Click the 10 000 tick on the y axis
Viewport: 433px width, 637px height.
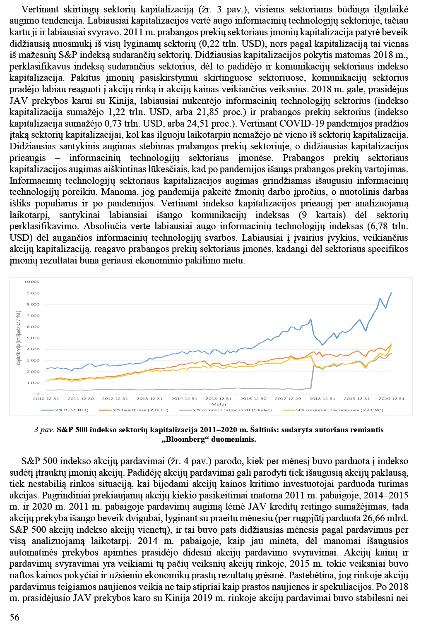[32, 282]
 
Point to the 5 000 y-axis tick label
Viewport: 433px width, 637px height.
[33, 338]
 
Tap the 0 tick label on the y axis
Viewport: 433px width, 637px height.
[38, 394]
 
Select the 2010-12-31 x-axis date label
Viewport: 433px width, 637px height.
[46, 399]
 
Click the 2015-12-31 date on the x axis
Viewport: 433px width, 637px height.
[219, 399]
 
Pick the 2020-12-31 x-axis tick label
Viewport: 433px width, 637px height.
[392, 399]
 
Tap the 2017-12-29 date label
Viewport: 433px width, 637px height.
[288, 399]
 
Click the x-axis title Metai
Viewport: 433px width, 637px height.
[219, 404]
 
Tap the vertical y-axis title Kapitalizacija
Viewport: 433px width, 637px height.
[19, 338]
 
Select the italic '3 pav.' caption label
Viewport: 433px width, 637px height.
[44, 430]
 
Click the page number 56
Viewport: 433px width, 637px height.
[14, 617]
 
